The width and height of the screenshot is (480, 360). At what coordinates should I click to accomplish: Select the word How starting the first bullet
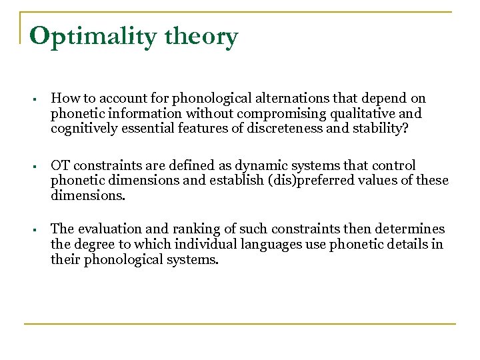click(x=63, y=98)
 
